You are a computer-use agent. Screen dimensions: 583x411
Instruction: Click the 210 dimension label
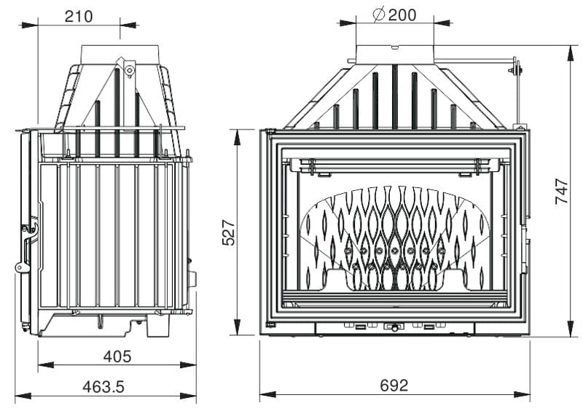tap(79, 16)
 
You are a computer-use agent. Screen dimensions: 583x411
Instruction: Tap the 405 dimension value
tap(117, 356)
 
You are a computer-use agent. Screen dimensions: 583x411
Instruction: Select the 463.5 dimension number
tap(103, 387)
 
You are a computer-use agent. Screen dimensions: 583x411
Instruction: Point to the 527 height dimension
tap(229, 232)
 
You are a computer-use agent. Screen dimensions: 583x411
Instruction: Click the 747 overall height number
tap(562, 191)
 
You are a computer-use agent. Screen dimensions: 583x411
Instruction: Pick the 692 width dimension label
tap(394, 385)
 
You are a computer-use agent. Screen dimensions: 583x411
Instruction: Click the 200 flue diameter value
tap(402, 15)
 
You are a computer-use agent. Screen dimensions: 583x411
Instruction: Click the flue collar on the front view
tap(395, 54)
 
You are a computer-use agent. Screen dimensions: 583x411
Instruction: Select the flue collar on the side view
tap(121, 55)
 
